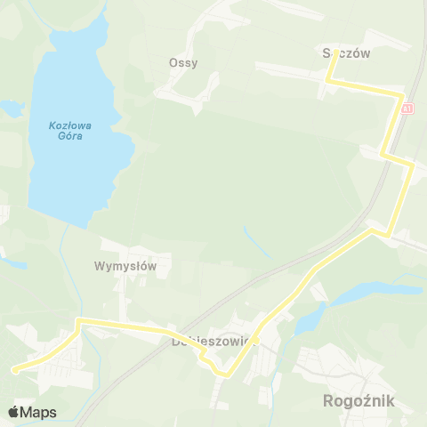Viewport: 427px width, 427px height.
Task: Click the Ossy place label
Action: tap(183, 63)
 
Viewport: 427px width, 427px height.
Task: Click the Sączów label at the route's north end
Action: tap(346, 52)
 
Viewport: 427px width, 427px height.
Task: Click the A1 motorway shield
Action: tap(407, 109)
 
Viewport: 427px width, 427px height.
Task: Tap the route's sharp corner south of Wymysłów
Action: tap(79, 319)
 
